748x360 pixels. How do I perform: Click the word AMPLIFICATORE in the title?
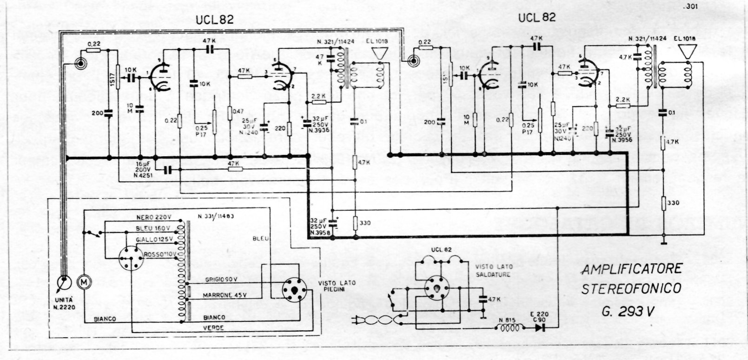632,269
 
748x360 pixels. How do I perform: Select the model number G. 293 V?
630,312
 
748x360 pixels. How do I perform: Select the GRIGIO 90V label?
221,280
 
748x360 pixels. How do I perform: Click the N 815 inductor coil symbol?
510,327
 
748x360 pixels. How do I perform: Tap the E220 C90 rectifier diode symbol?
540,327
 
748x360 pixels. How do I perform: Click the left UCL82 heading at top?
214,19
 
